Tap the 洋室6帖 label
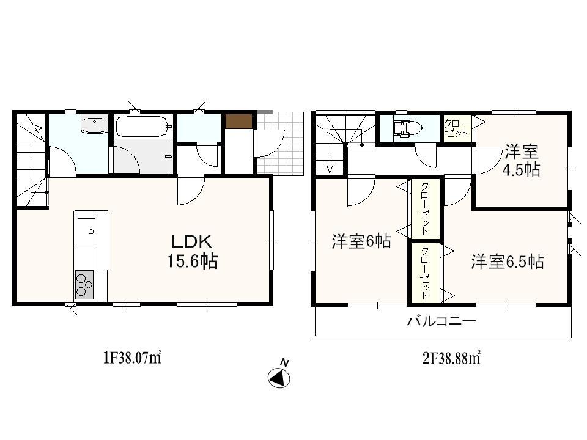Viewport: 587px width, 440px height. tap(361, 242)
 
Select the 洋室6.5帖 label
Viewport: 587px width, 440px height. tap(507, 262)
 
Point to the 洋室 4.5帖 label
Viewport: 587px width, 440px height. tap(522, 160)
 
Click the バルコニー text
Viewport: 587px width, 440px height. tap(441, 321)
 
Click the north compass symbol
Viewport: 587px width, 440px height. tap(279, 377)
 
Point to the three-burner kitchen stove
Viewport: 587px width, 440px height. tap(84, 284)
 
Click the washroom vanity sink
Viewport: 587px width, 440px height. tap(94, 125)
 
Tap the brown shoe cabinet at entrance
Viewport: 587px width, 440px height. tap(238, 121)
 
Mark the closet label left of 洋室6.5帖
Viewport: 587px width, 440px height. tap(424, 273)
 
